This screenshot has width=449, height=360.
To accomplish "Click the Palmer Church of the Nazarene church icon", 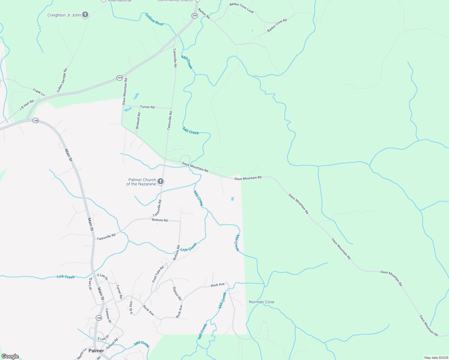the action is (161, 181).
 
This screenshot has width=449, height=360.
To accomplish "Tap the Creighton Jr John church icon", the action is (85, 14).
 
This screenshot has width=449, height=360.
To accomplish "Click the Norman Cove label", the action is (261, 302).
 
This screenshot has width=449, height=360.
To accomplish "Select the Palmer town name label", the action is (96, 351).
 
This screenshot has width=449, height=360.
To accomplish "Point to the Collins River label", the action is (155, 19).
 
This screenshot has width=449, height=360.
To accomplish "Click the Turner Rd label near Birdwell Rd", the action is (147, 107).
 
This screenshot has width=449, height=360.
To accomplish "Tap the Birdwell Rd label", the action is (138, 121).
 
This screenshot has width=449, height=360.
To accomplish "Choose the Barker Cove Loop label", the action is (241, 8).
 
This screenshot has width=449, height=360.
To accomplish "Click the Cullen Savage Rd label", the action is (62, 80).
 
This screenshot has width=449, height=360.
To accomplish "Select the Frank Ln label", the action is (39, 92).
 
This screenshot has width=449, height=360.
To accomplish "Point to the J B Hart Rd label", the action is (27, 105).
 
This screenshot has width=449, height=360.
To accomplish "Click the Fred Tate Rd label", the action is (158, 274).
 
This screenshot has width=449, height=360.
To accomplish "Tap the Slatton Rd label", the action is (177, 294).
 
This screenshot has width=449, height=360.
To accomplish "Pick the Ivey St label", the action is (131, 308).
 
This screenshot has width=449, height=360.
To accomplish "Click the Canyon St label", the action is (108, 316).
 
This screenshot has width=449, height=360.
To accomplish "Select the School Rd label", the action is (112, 344).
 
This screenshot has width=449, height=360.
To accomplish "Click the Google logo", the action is (10, 356).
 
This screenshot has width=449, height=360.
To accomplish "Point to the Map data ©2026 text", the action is (435, 358).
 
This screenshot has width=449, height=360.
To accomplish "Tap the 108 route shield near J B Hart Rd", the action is (36, 121).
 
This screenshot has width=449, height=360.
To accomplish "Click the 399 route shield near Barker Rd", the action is (194, 16).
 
